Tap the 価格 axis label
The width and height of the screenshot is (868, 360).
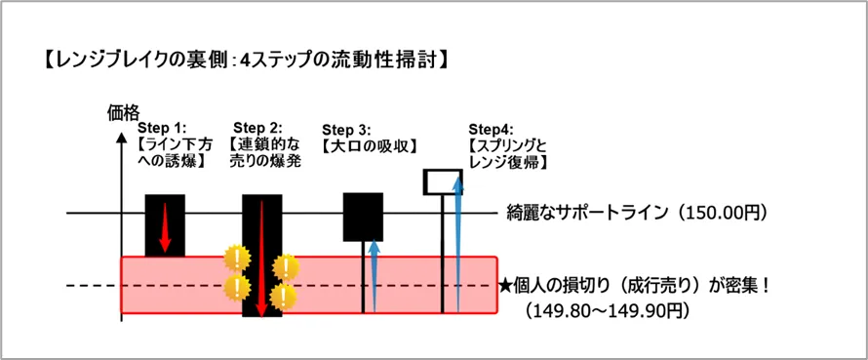coord(121,112)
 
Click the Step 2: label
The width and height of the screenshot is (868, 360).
coord(258,128)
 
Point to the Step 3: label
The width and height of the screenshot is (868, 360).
coord(346,131)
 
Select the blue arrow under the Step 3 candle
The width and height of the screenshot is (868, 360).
coord(375,276)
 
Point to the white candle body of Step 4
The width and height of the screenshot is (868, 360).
coord(443,181)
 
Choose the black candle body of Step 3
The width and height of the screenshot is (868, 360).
coord(363,218)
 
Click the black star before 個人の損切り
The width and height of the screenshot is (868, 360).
coord(506,287)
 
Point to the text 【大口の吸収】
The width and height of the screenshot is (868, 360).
coord(370,146)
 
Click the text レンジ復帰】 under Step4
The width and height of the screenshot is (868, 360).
coord(508,162)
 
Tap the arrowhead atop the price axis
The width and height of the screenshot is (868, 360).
coord(121,136)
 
